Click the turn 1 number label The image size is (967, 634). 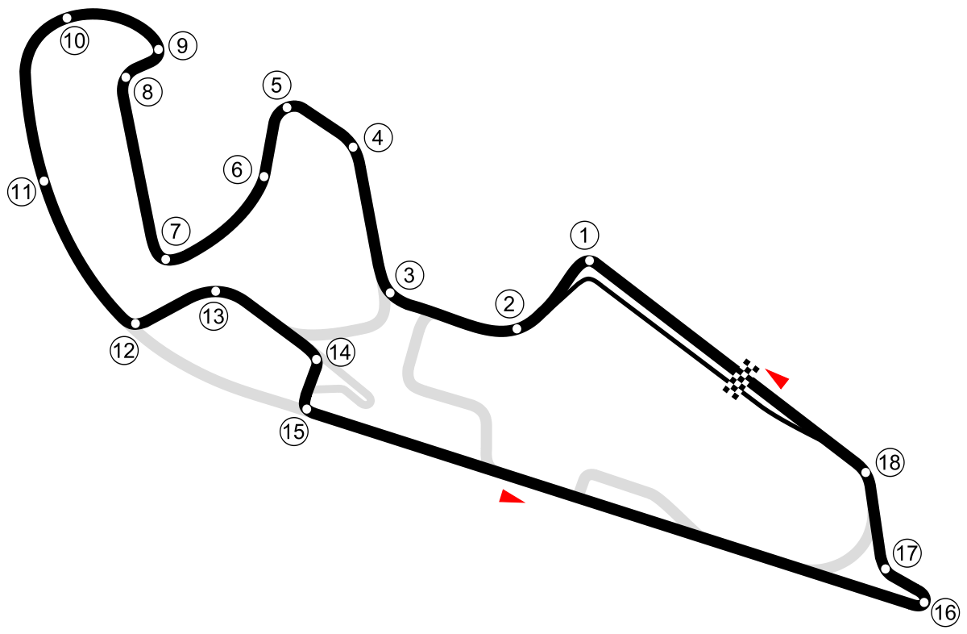pos(584,236)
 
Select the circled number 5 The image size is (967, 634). pos(276,85)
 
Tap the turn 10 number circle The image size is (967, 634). pos(74,40)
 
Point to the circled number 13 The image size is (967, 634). pos(214,317)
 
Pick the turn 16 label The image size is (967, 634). pos(944,613)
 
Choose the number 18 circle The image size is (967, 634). pos(890,463)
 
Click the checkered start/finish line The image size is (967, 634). pos(741,379)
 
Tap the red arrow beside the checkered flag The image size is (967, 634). pos(778,377)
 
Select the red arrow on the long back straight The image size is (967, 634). pos(511,496)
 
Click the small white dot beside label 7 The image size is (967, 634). pos(165,259)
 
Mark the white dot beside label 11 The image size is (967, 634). pos(44,181)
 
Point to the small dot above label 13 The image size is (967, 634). pos(215,290)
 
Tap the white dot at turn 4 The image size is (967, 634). pos(353,147)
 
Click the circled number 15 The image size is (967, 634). pos(294,432)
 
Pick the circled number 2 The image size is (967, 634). pos(508,305)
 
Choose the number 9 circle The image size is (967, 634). pos(182,46)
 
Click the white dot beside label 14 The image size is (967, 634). pos(317,359)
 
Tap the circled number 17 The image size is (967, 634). pos(907,554)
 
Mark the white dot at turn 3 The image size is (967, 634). pos(390,293)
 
